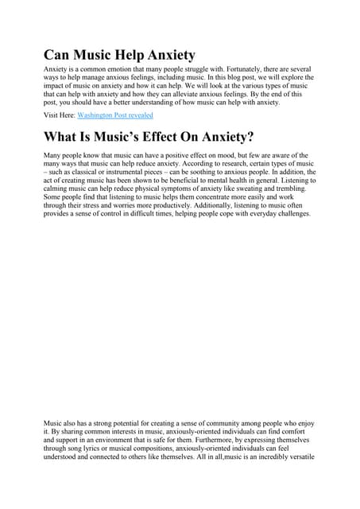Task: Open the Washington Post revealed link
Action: [x=109, y=116]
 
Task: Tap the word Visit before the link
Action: [x=52, y=116]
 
